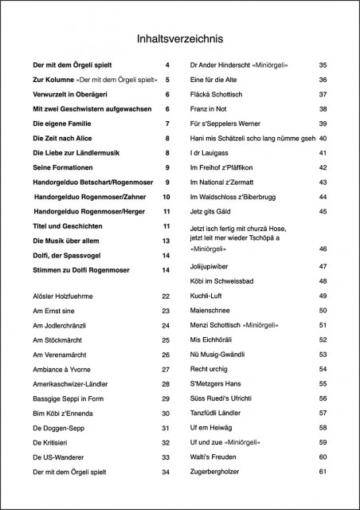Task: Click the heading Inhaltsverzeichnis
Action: [x=180, y=37]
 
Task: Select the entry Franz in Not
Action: [x=210, y=109]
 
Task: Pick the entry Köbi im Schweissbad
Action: [x=226, y=281]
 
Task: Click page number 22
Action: [x=166, y=296]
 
